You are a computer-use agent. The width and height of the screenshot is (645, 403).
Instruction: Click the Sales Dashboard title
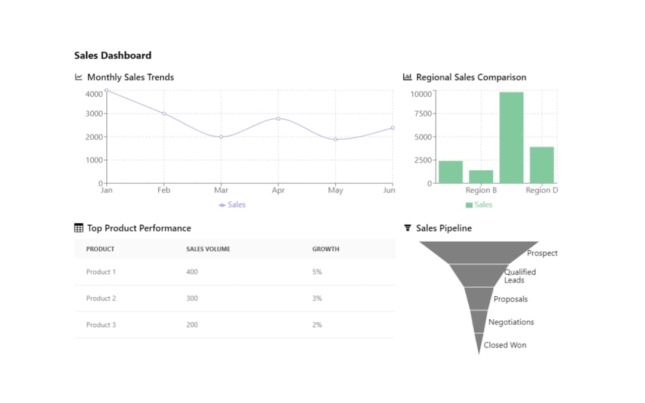pyautogui.click(x=112, y=56)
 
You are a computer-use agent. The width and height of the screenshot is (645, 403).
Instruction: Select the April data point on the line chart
pyautogui.click(x=278, y=119)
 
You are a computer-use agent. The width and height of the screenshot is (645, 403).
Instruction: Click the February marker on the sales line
pyautogui.click(x=164, y=113)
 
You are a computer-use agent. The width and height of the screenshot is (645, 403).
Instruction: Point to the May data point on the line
pyautogui.click(x=336, y=139)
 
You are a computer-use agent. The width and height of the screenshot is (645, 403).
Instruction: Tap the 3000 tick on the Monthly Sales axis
pyautogui.click(x=94, y=113)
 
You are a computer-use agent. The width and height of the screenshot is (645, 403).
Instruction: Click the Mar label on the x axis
pyautogui.click(x=221, y=190)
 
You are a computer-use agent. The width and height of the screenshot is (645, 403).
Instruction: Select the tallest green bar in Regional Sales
pyautogui.click(x=511, y=137)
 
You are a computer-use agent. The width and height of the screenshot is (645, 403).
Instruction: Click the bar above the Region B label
pyautogui.click(x=481, y=176)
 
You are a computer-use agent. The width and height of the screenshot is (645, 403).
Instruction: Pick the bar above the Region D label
pyautogui.click(x=542, y=165)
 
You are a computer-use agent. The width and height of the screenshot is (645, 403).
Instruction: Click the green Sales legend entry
pyautogui.click(x=479, y=205)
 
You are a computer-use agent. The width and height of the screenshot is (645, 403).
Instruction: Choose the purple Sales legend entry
pyautogui.click(x=232, y=205)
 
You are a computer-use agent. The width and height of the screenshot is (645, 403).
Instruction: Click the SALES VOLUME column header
pyautogui.click(x=208, y=249)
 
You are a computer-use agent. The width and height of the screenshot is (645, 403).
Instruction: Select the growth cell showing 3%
pyautogui.click(x=317, y=298)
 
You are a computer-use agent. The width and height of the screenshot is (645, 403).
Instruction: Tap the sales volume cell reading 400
pyautogui.click(x=192, y=272)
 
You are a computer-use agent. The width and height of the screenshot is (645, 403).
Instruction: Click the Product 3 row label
pyautogui.click(x=101, y=325)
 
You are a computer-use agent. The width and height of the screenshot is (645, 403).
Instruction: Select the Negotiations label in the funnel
pyautogui.click(x=511, y=322)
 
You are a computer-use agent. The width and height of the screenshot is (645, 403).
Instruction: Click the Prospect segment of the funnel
pyautogui.click(x=478, y=252)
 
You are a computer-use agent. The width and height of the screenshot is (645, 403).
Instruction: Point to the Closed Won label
pyautogui.click(x=505, y=345)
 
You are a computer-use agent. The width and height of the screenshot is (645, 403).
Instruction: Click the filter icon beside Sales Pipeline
pyautogui.click(x=408, y=228)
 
